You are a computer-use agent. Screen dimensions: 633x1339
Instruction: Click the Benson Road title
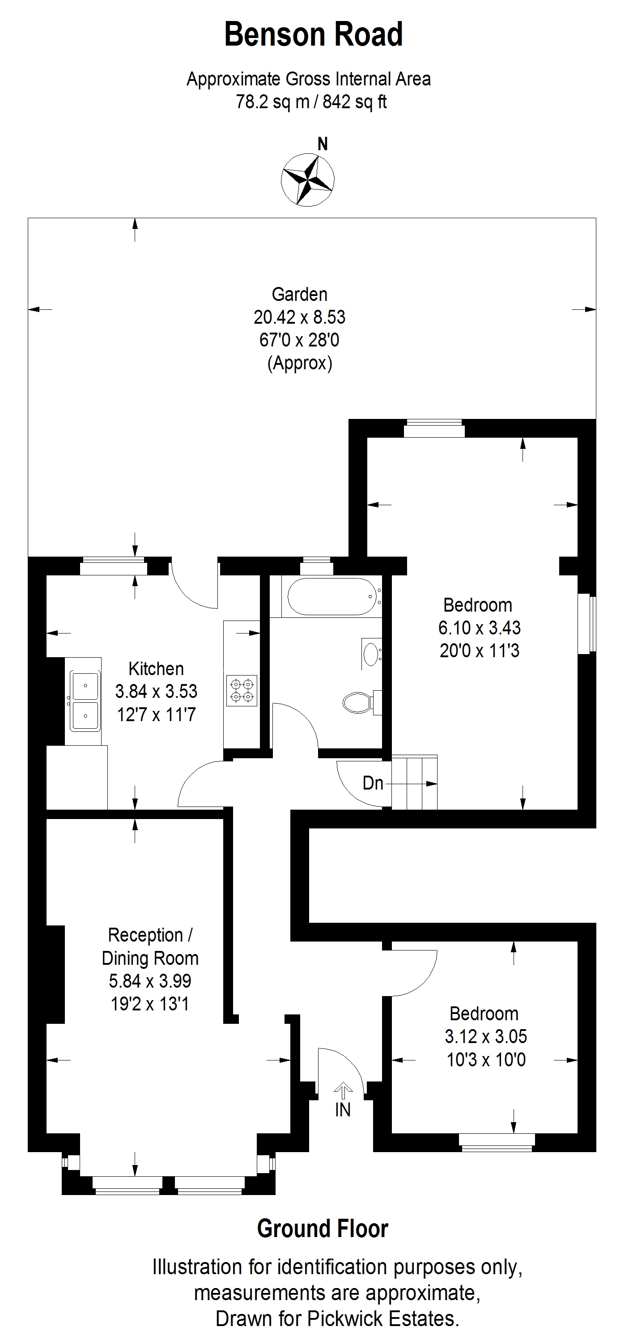pyautogui.click(x=314, y=35)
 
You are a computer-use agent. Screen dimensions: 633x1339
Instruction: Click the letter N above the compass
pyautogui.click(x=323, y=144)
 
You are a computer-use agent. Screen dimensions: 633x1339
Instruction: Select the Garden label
pyautogui.click(x=300, y=294)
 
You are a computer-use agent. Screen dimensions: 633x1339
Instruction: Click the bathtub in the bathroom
pyautogui.click(x=332, y=596)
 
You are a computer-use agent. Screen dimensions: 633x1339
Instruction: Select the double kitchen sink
pyautogui.click(x=84, y=701)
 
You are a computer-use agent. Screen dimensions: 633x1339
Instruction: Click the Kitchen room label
pyautogui.click(x=156, y=668)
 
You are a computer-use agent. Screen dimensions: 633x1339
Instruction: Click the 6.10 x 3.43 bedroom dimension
pyautogui.click(x=480, y=628)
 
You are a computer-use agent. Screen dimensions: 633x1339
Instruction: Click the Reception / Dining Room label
pyautogui.click(x=150, y=946)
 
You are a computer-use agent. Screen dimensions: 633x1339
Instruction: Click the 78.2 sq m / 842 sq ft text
pyautogui.click(x=311, y=101)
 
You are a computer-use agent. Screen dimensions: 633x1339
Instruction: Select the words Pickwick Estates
pyautogui.click(x=383, y=1319)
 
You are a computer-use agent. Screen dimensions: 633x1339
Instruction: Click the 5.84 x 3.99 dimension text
pyautogui.click(x=150, y=981)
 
